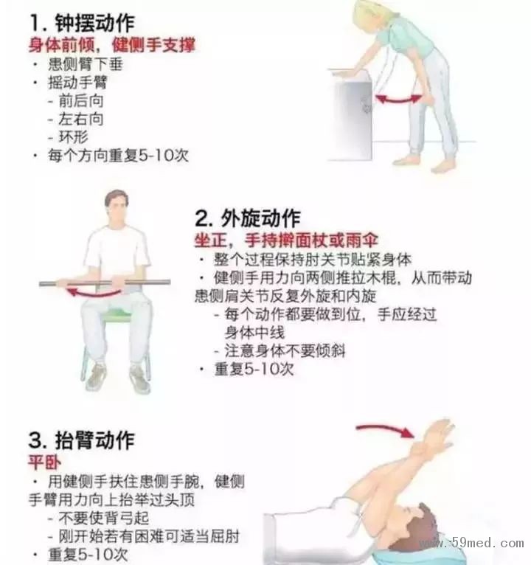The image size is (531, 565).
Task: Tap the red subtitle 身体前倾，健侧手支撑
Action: tap(112, 45)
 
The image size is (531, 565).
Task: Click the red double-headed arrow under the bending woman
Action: tap(399, 99)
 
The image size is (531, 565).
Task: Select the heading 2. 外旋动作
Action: tap(248, 218)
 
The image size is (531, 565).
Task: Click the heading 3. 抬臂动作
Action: tap(82, 440)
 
